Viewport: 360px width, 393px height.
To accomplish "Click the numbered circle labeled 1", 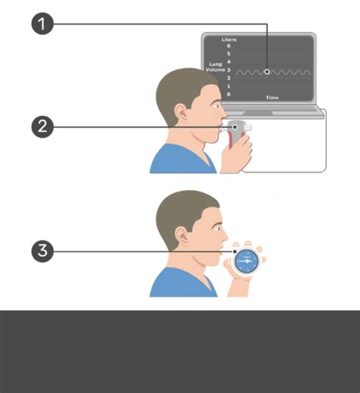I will coord(43,24).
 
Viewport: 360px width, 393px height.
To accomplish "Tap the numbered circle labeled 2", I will coord(43,126).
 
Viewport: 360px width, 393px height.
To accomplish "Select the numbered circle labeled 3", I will coord(43,252).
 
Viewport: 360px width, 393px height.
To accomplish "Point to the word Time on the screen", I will coord(271,98).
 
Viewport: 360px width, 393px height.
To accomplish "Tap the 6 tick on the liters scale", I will coord(229,46).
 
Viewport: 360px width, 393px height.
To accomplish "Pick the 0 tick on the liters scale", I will coord(229,94).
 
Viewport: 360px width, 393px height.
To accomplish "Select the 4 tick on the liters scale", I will coord(229,62).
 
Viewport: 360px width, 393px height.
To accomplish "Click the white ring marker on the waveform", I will coord(267,71).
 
